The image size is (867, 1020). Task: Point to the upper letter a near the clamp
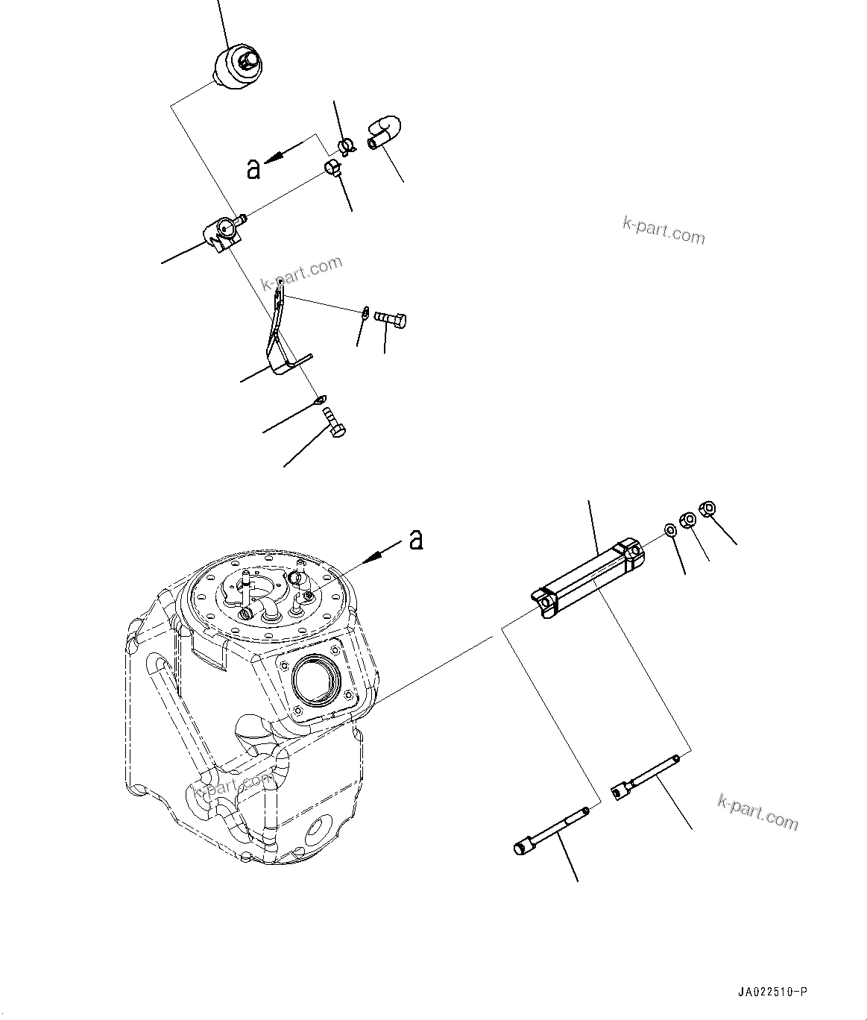tap(254, 169)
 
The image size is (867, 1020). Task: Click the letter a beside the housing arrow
tap(417, 538)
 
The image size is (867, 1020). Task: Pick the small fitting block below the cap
tap(223, 233)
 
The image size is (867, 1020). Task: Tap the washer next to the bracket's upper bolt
tap(365, 312)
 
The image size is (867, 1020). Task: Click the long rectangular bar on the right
tap(589, 577)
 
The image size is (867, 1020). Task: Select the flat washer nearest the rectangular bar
tap(670, 530)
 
